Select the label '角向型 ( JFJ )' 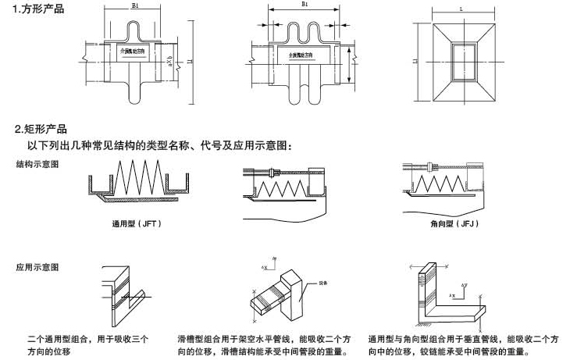tap(454, 224)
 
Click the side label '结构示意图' tap(37, 165)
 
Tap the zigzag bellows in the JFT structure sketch tap(137, 175)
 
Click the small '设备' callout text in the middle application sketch tap(322, 283)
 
